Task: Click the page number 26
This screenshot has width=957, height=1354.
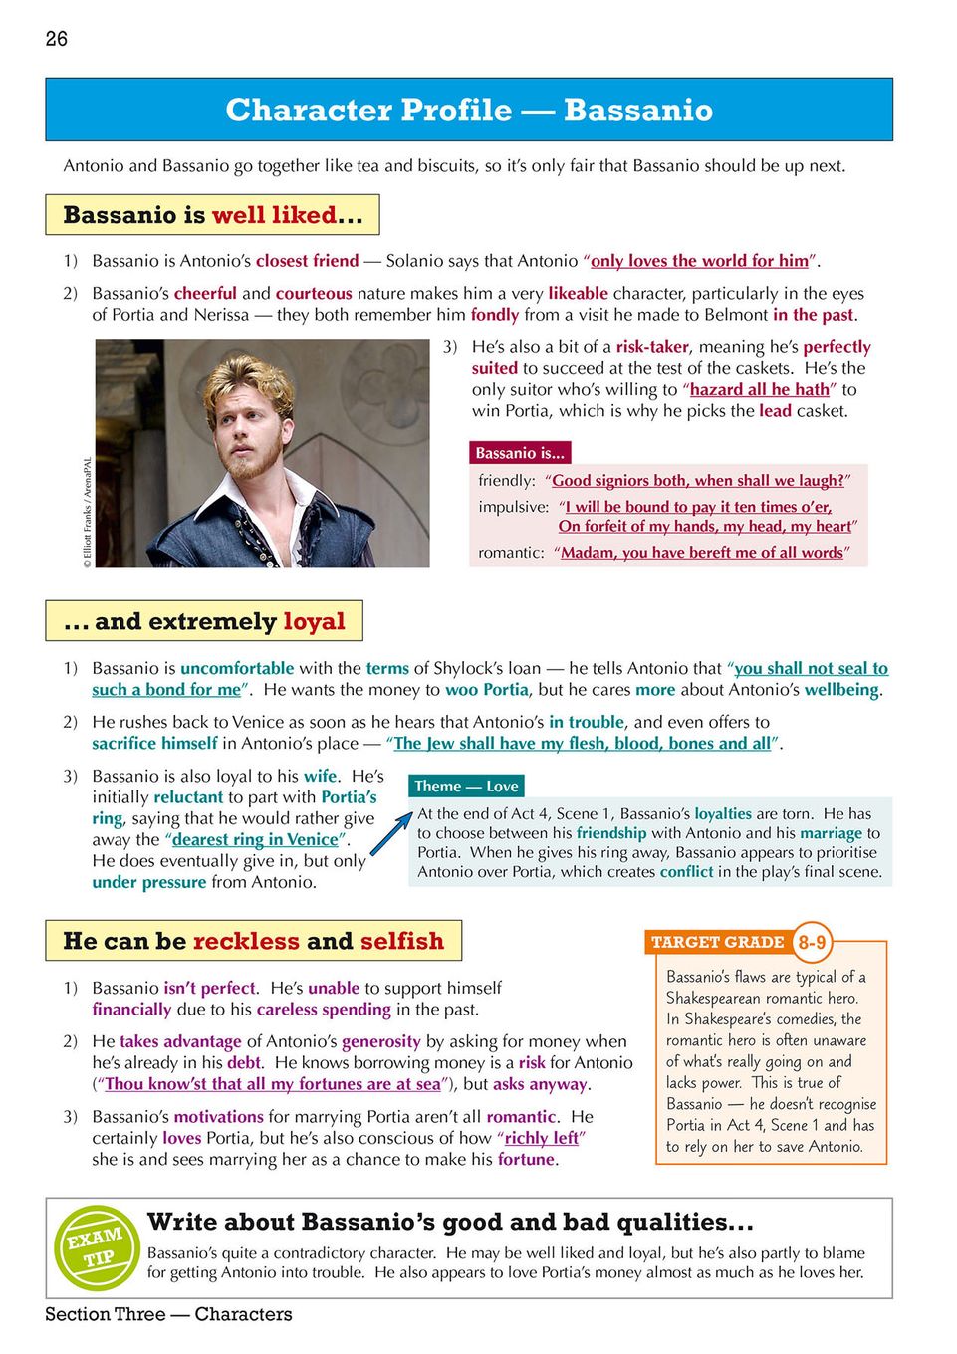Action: coord(57,39)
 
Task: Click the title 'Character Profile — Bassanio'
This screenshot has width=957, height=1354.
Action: coord(469,110)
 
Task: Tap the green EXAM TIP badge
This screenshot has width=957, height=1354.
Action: coord(96,1246)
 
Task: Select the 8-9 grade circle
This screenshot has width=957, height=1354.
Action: coord(812,942)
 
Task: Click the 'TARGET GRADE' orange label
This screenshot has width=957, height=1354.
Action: coord(717,942)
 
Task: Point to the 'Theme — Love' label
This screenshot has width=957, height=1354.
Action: coord(466,786)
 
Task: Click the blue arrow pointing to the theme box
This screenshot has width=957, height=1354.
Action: coord(390,833)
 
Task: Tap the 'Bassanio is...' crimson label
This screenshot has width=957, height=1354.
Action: coord(520,453)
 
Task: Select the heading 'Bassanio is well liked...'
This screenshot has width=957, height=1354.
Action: coord(212,215)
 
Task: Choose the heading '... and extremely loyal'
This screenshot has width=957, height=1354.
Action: coord(204,621)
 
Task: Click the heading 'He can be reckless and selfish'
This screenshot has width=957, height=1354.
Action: coord(253,941)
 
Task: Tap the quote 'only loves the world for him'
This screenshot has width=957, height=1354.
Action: coord(699,261)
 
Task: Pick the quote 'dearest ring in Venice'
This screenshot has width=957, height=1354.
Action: coord(255,839)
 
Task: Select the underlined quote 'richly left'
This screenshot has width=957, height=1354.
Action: coord(542,1138)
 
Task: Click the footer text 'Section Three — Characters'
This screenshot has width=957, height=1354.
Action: coord(168,1314)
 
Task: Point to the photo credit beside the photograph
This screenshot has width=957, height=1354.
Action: coord(88,513)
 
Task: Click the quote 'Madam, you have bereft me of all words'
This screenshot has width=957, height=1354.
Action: coord(701,553)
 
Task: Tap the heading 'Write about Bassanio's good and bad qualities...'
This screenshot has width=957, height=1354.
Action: coord(450,1222)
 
